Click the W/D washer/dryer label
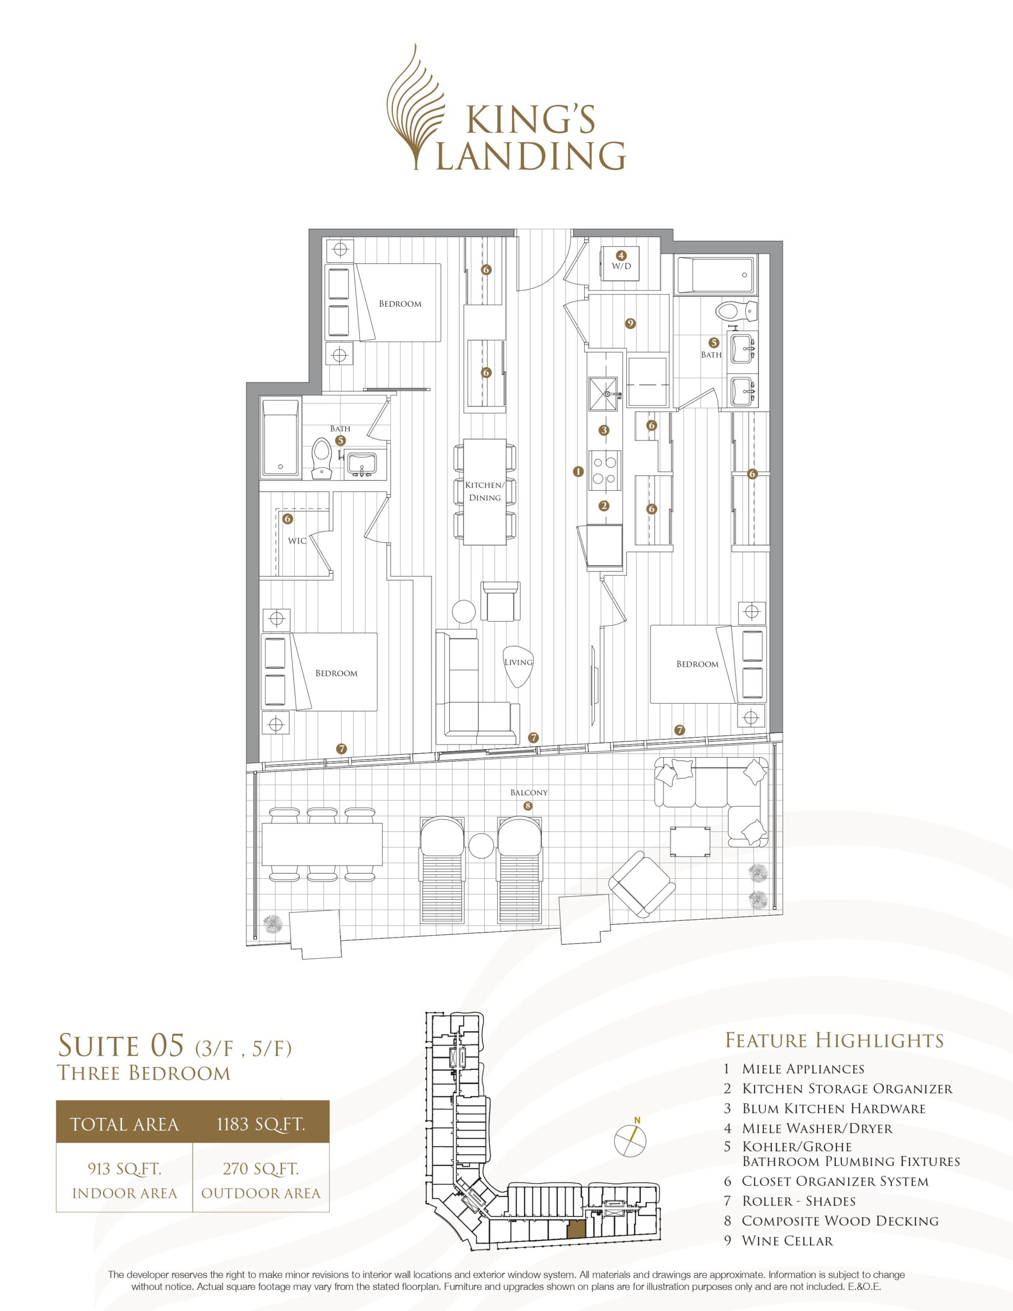[x=622, y=266]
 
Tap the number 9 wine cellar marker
[x=630, y=324]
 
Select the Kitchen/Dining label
[x=485, y=491]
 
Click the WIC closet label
[x=297, y=540]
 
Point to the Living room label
[x=518, y=662]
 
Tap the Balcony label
[x=529, y=792]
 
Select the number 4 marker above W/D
[x=622, y=255]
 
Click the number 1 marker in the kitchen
[x=578, y=472]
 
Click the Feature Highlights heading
[x=835, y=1040]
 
